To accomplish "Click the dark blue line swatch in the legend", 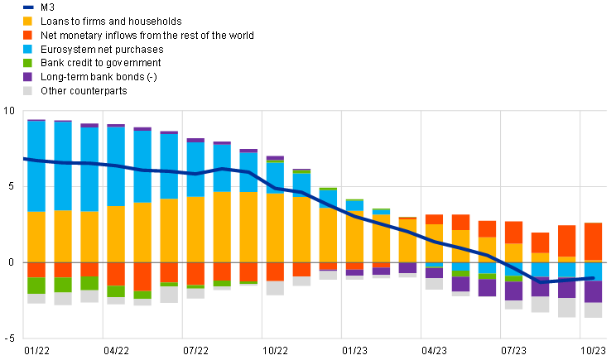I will tap(28, 7).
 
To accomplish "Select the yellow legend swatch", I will tap(28, 21).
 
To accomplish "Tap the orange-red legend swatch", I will tap(28, 35).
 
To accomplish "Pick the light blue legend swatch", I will tap(28, 49).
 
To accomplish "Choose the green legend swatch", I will tap(28, 63).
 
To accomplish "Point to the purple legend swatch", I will tap(28, 77).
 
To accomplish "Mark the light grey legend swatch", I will tap(28, 91).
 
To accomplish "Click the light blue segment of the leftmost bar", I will tap(36, 166).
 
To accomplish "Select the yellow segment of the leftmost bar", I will tap(36, 237).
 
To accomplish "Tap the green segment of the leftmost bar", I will tap(36, 286).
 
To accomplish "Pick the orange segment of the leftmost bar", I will tap(36, 270).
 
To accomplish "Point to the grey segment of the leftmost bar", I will tap(36, 299).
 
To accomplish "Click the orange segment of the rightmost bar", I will tap(593, 242).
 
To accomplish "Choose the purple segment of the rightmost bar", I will tap(593, 291).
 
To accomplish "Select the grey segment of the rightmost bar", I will tap(593, 310).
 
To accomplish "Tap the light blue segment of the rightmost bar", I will tap(593, 271).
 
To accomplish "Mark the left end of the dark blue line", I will tap(25, 158).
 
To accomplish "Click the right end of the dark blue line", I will tap(593, 278).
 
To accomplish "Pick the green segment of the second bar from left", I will tap(63, 285).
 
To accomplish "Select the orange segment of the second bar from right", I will tap(567, 241).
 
